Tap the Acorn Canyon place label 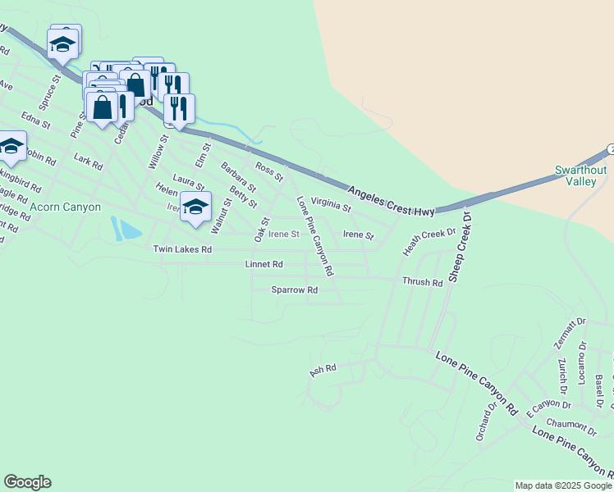(66, 207)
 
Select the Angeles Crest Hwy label (391, 202)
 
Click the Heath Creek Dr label (428, 242)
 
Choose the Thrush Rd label (423, 282)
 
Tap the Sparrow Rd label (295, 290)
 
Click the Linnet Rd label (264, 265)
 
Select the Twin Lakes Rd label (182, 249)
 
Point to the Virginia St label (332, 204)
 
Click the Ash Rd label (323, 371)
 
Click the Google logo (27, 482)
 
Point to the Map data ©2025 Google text (563, 485)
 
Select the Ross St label (269, 171)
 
